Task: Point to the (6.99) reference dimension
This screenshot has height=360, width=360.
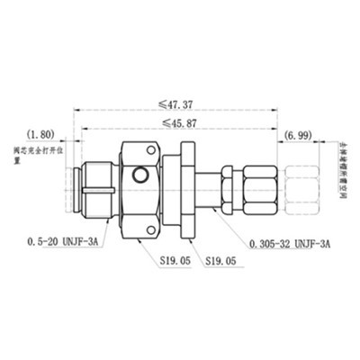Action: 299,134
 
